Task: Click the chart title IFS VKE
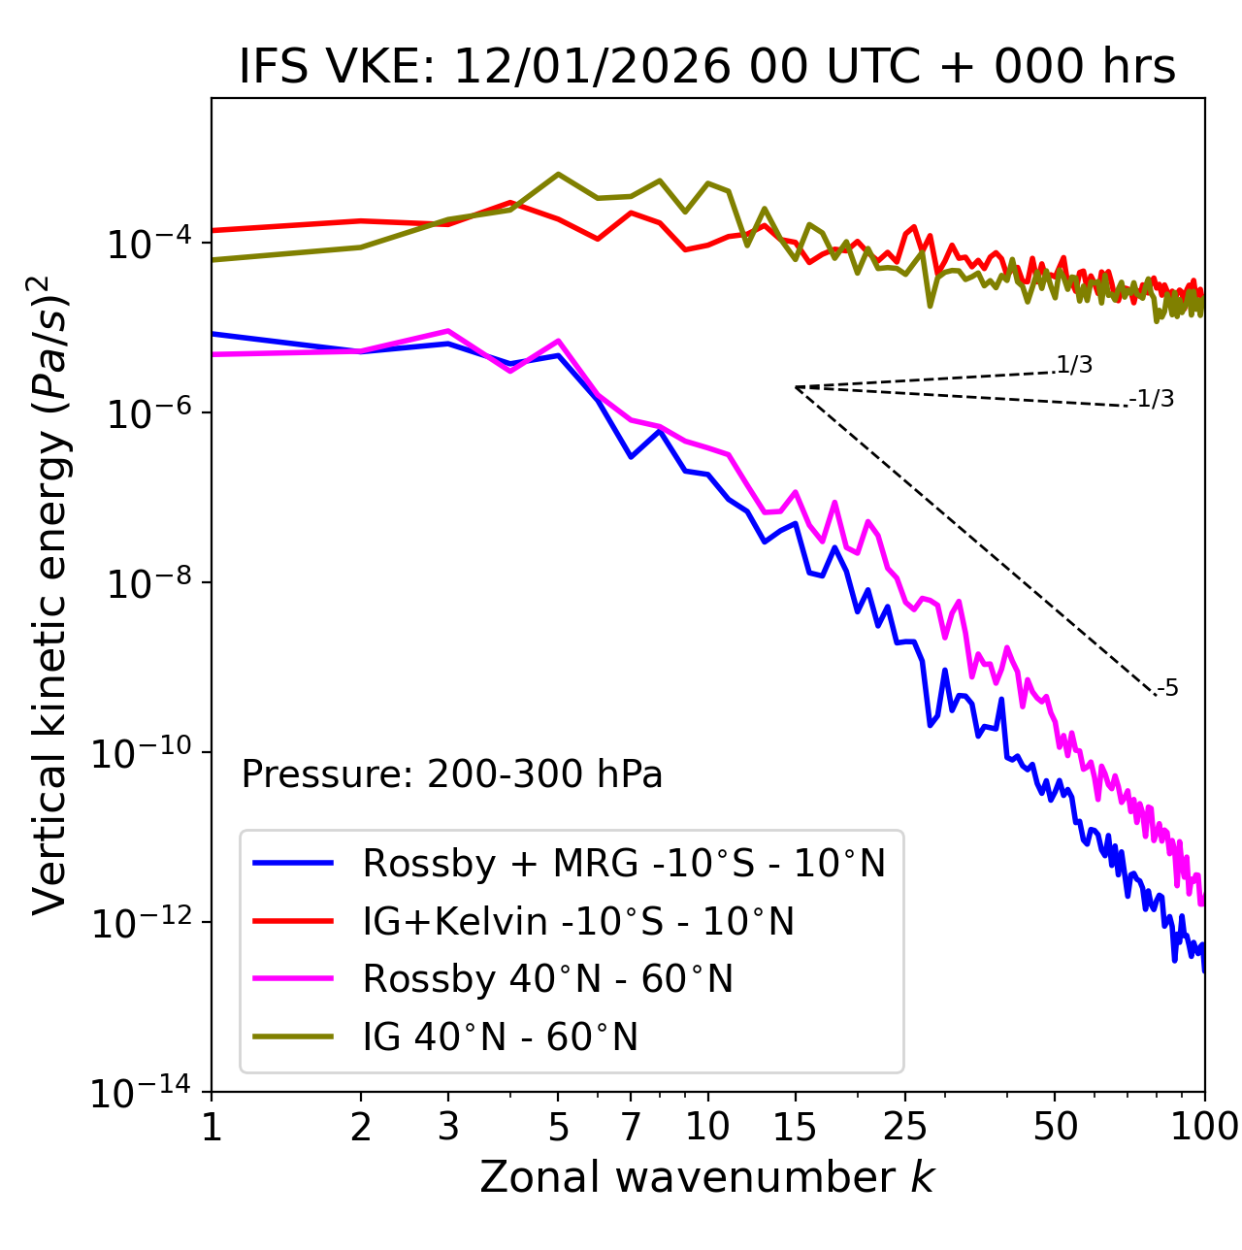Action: click(707, 67)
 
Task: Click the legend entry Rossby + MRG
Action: click(624, 863)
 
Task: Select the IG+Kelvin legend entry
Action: click(578, 921)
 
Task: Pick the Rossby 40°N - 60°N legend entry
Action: click(547, 979)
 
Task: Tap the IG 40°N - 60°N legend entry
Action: click(500, 1037)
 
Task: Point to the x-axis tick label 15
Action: click(795, 1126)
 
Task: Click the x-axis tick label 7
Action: click(631, 1126)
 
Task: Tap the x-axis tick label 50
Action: click(1055, 1126)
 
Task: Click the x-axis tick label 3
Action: click(448, 1126)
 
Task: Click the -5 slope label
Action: click(1167, 689)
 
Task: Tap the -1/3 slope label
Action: click(1152, 399)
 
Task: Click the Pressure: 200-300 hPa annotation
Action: click(451, 774)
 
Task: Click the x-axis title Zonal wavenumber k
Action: click(707, 1177)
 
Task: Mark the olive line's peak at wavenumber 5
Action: click(558, 174)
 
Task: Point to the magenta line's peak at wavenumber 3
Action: click(448, 331)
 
